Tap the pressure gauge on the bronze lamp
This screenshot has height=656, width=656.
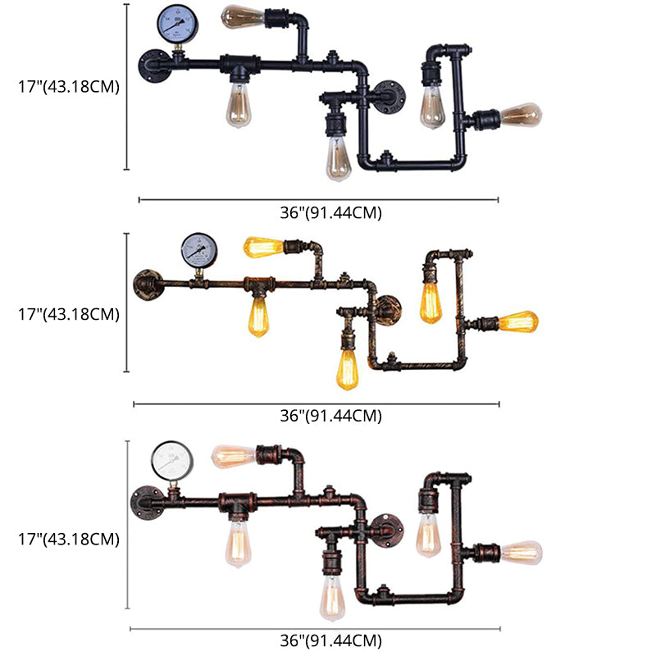198,249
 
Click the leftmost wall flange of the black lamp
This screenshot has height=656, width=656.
153,65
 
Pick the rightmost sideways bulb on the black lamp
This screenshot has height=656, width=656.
520,115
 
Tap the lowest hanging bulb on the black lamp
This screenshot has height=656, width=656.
338,157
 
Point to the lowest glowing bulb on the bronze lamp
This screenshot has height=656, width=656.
348,368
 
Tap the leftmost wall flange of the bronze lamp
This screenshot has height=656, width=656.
148,284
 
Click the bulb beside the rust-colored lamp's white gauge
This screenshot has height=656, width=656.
234,456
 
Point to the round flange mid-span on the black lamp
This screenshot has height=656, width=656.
388,96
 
